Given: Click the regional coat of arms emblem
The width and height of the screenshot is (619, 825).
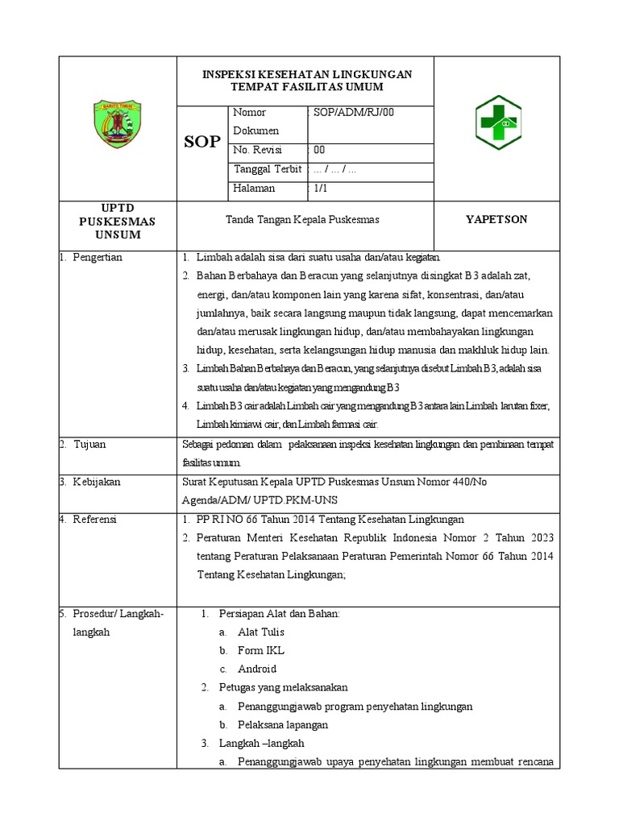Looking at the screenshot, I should pos(119,123).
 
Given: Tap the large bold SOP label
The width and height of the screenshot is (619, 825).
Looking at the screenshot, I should pos(201,142).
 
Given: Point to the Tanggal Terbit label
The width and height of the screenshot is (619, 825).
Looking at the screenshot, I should pos(267,169).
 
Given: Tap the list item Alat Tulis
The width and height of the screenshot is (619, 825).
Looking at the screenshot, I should pos(260,632).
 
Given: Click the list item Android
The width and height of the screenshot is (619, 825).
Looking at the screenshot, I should pos(257,669).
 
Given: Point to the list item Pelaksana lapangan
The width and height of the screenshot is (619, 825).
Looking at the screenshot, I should pos(283,724).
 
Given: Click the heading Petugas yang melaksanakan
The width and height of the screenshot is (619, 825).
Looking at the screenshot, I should pos(283,687).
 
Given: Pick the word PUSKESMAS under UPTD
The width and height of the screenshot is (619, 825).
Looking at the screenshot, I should pos(118,221).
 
